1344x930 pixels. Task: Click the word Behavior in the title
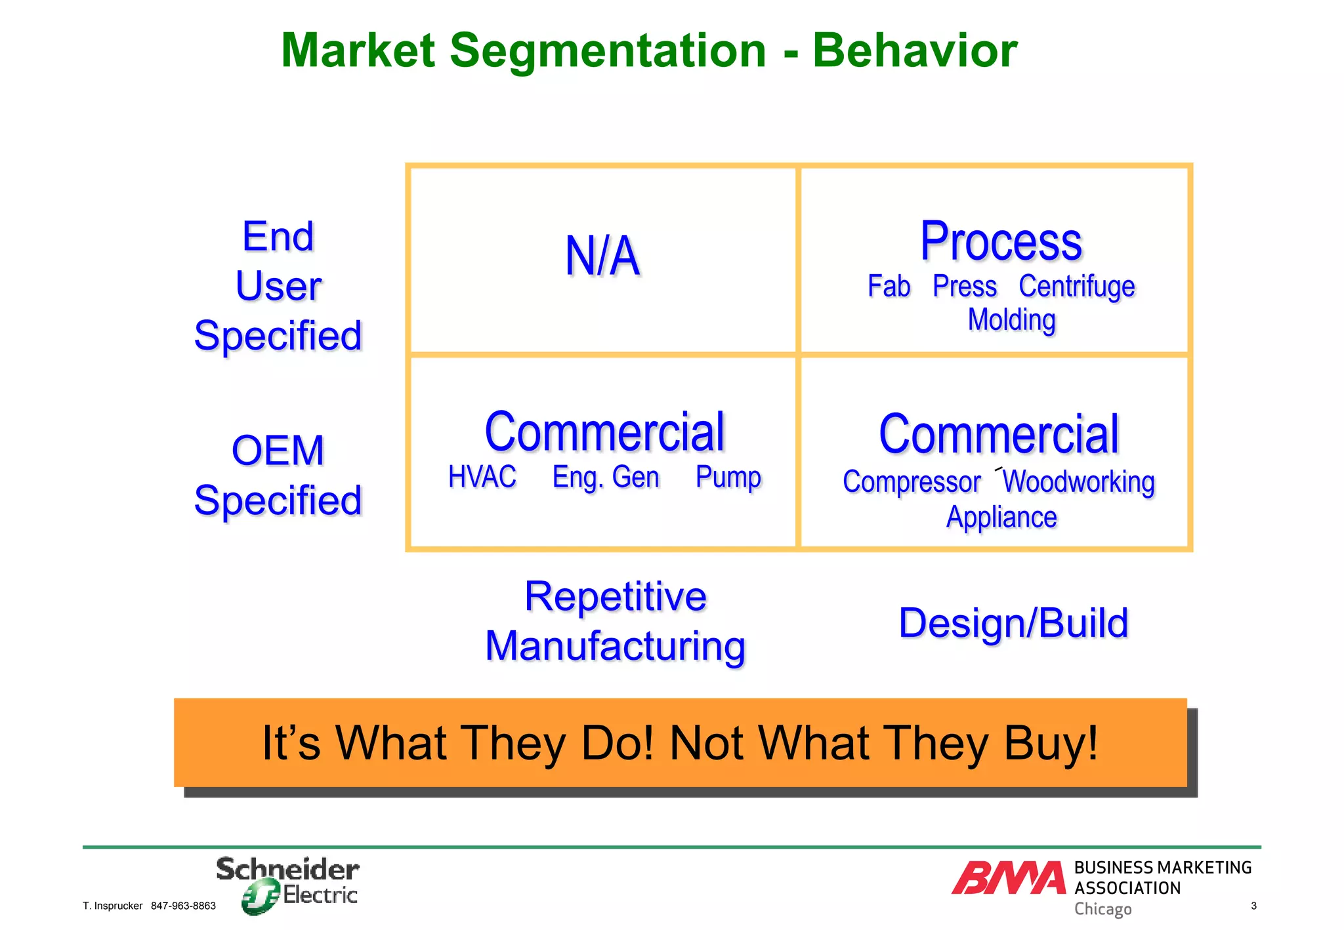coord(915,51)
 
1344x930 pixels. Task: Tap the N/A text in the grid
coord(602,256)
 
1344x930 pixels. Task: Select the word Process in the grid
coord(1001,241)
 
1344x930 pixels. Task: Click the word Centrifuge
coord(1076,287)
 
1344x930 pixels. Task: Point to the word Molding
coord(1011,320)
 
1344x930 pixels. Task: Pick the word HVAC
coord(482,477)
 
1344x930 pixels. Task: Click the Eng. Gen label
coord(605,477)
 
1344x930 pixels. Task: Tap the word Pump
coord(728,477)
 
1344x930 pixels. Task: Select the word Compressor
coord(911,482)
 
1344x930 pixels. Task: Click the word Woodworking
coord(1078,482)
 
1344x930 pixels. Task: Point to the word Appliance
coord(1001,517)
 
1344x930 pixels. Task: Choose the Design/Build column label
coord(1013,622)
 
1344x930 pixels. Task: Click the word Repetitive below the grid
coord(615,596)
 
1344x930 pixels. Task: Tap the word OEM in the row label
coord(278,451)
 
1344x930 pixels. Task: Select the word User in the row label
coord(278,286)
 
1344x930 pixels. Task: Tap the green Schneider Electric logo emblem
coord(261,897)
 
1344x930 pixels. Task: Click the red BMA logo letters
coord(1009,878)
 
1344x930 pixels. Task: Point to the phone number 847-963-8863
coord(183,906)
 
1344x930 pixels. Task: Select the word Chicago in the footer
coord(1102,909)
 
